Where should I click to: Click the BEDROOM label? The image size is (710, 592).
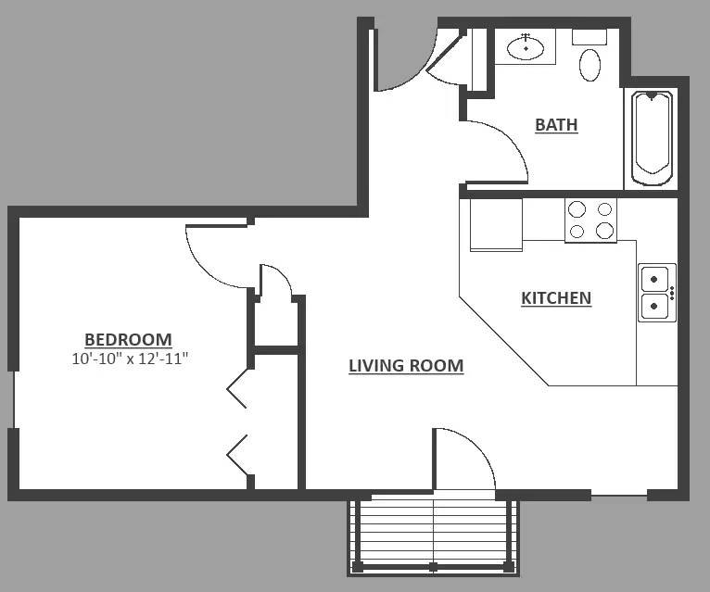pos(128,339)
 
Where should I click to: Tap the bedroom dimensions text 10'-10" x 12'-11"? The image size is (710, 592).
pos(130,359)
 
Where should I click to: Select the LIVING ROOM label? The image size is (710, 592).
pos(406,366)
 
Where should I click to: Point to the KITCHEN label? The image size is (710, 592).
pos(556,298)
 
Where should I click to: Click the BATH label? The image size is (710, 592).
pos(556,124)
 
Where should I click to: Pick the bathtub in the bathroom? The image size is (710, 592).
pos(651,138)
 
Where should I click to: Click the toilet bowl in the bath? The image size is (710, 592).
pos(590,65)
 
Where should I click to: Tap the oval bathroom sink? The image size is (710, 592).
pos(526,47)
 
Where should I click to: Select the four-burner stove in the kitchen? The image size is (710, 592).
pos(590,220)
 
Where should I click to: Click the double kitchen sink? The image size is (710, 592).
pos(657,293)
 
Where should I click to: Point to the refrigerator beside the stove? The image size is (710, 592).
pos(496,224)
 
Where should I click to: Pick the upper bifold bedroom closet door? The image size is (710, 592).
pos(236,388)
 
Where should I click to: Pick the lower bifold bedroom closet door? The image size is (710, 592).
pos(236,455)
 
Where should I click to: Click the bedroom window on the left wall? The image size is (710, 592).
pos(14,399)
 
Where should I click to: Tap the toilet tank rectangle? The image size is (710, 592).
pos(590,37)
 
